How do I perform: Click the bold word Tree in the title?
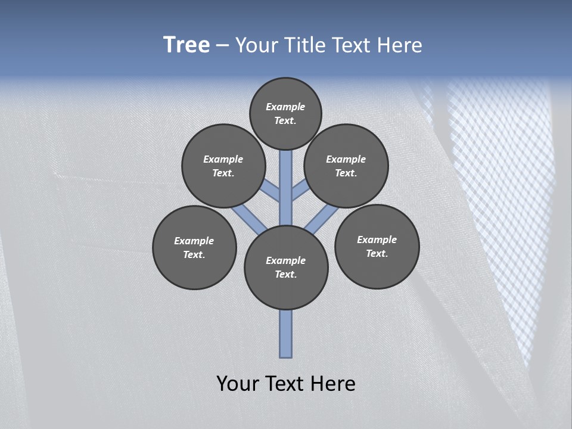coord(186,45)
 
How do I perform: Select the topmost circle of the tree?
coord(285,113)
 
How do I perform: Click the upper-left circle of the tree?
coord(223,166)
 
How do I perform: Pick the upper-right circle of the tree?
coord(346,166)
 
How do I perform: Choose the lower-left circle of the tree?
coord(194,247)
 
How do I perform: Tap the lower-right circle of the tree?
coord(377,246)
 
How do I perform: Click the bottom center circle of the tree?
coord(286,268)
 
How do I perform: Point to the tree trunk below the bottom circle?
coord(286,334)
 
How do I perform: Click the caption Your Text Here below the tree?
coord(286,384)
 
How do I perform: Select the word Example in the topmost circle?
coord(285,107)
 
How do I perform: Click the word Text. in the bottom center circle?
coord(286,275)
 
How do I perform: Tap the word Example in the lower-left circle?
coord(194,241)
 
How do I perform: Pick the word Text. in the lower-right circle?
coord(377,253)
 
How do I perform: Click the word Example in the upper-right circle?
coord(346,159)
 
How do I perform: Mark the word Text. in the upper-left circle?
coord(223,173)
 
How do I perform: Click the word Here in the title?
coord(400,45)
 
